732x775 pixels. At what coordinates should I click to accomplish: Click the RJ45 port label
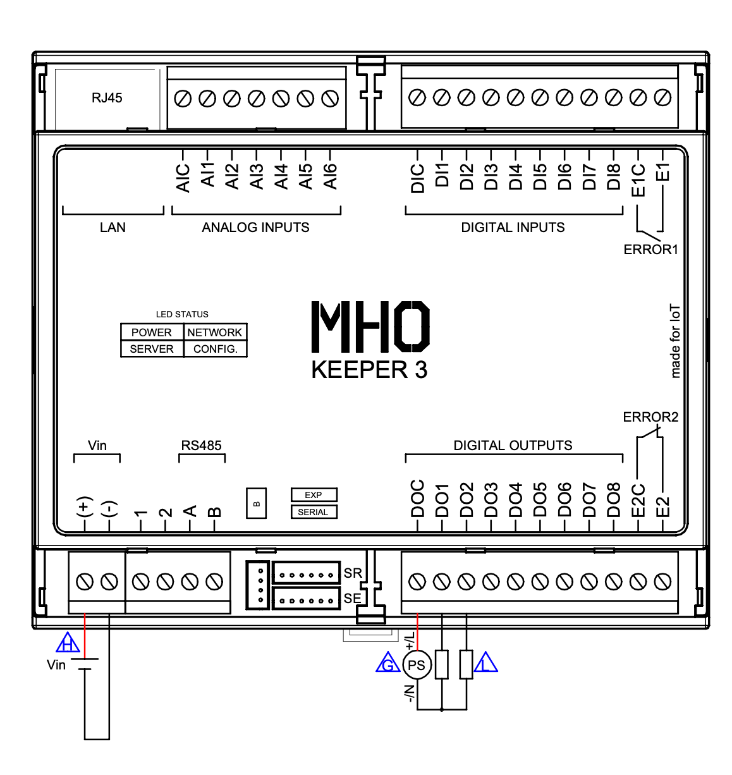click(x=107, y=97)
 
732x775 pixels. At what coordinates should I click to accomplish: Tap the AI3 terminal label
click(x=257, y=176)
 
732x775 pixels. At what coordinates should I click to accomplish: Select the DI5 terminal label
click(x=540, y=176)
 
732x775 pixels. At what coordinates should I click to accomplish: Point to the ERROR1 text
click(x=650, y=249)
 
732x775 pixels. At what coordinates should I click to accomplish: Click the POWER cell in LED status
click(x=152, y=332)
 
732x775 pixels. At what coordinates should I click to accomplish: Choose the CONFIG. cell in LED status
click(x=215, y=349)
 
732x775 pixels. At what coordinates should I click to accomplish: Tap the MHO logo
click(x=370, y=326)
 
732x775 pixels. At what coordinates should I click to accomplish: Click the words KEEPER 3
click(x=369, y=370)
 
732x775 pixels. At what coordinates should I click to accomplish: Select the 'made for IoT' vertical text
click(x=675, y=341)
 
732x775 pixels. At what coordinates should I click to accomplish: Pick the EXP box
click(x=314, y=495)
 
